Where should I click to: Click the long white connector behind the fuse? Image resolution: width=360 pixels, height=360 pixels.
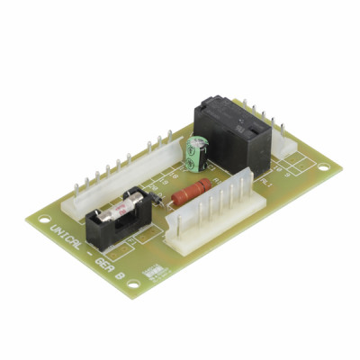pos(117,175)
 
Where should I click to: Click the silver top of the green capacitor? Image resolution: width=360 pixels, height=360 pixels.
pos(195,142)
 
